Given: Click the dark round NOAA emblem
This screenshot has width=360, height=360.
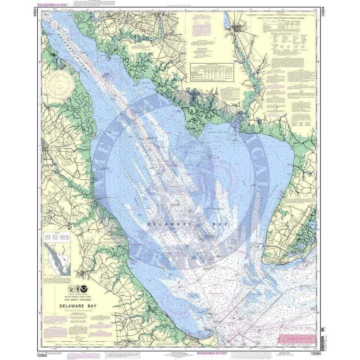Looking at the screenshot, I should (x=85, y=289).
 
